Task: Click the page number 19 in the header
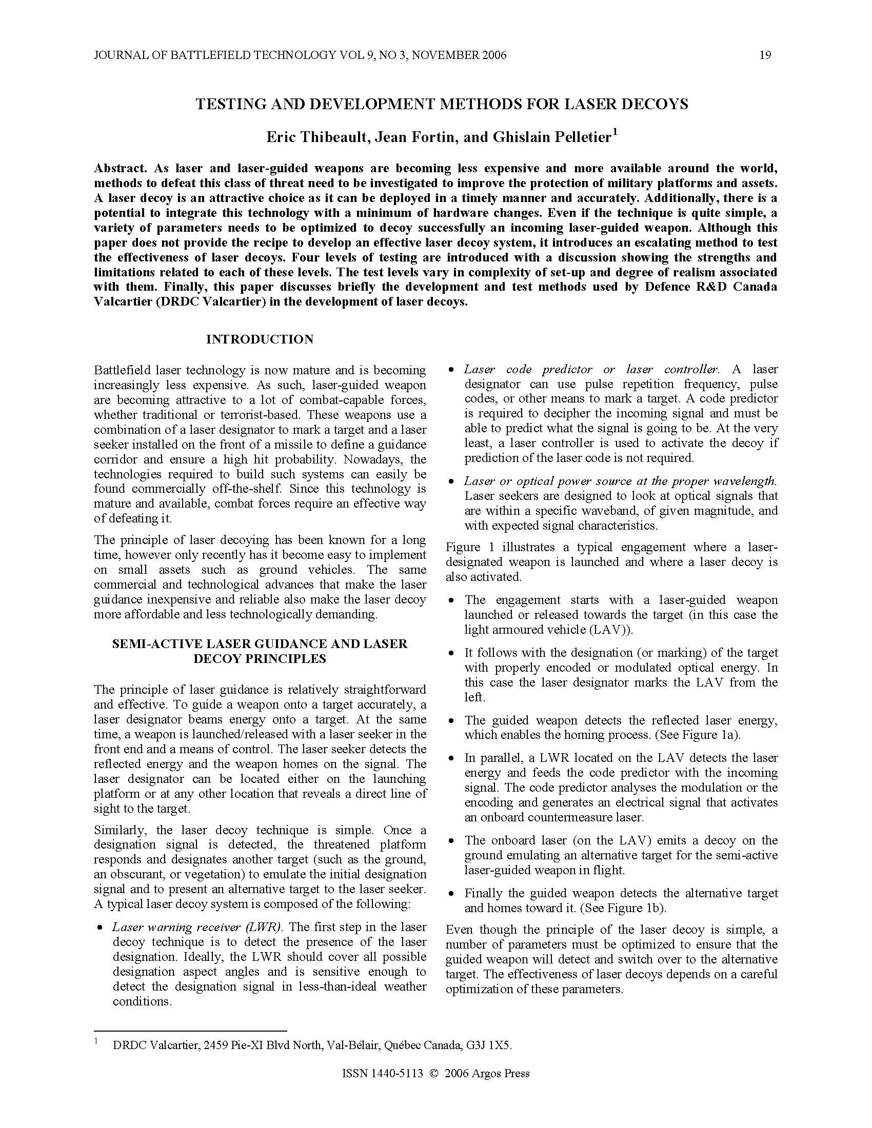[765, 55]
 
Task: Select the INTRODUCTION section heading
[260, 339]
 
